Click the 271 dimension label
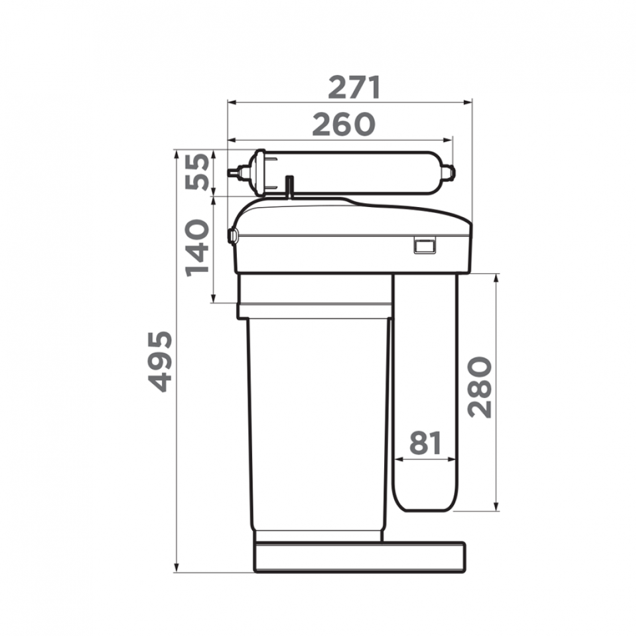354,87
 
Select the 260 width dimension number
344,124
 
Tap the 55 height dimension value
198,171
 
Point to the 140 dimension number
198,248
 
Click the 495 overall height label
160,362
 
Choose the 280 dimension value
480,387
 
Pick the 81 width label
425,443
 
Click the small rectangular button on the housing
425,246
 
